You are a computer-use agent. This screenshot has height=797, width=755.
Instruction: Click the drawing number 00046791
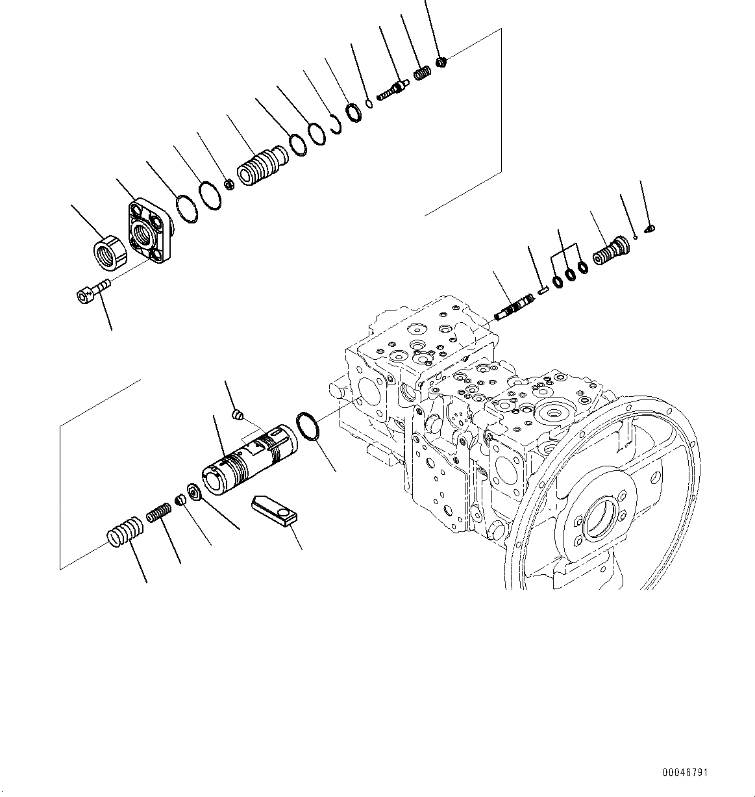click(686, 773)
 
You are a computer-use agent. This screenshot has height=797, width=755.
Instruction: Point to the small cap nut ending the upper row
click(441, 62)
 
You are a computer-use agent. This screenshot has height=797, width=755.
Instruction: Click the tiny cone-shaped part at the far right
click(650, 228)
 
